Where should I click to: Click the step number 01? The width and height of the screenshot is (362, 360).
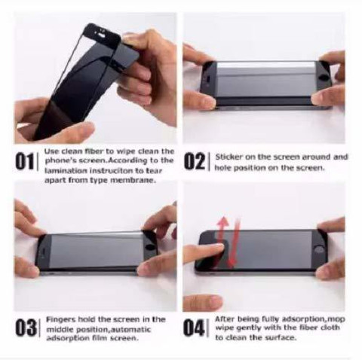(24, 161)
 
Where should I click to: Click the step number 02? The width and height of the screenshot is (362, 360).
(194, 161)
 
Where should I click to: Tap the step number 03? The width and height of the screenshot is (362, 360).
(26, 327)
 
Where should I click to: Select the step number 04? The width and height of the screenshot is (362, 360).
(193, 327)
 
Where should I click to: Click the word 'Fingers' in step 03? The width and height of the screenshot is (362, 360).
(60, 319)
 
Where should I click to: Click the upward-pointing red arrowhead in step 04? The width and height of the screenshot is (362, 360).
(222, 221)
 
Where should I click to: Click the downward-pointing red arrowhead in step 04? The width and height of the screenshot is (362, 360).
(232, 264)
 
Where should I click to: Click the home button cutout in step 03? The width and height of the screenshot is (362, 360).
(151, 246)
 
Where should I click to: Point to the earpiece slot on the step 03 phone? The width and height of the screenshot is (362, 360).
(43, 252)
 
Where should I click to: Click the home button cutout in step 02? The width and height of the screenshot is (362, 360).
(326, 78)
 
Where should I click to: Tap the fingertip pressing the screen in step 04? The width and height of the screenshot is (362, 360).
(218, 248)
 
